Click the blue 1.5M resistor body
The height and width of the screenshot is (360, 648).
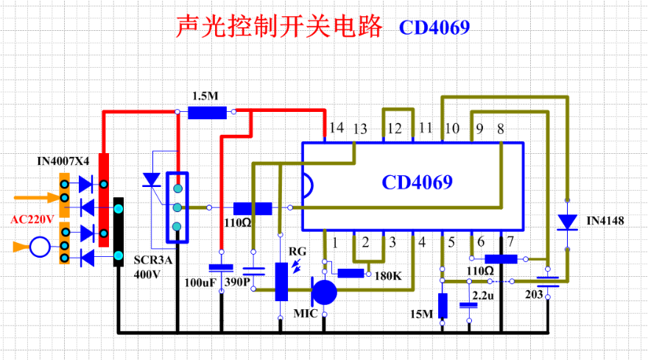tap(207, 113)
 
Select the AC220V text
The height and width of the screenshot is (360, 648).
tap(34, 219)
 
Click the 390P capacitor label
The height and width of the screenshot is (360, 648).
tap(254, 283)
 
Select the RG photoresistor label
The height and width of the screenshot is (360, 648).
tap(297, 251)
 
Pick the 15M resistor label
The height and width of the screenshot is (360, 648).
tap(422, 314)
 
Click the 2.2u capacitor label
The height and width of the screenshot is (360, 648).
tap(483, 295)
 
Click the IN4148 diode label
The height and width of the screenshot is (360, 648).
tap(602, 220)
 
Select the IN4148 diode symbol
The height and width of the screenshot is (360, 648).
tap(567, 221)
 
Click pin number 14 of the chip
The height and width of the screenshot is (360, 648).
tap(337, 129)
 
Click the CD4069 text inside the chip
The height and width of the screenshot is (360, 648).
tap(417, 182)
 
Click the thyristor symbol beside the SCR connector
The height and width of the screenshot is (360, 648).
tap(152, 179)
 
